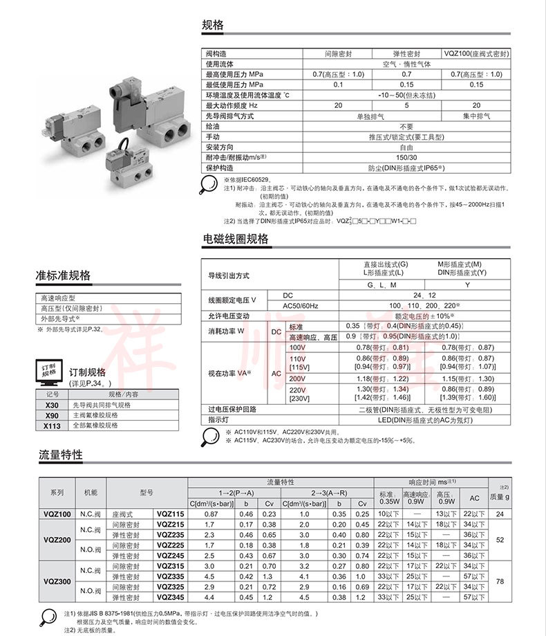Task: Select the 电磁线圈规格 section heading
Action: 235,239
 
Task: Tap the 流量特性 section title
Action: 60,455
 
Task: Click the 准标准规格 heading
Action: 63,275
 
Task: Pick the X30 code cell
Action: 52,405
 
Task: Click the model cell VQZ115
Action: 170,514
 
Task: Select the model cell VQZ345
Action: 170,597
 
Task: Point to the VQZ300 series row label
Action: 57,581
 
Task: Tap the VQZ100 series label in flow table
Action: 57,514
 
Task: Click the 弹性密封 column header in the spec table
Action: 406,53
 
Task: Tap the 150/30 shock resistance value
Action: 406,158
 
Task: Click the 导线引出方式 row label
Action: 229,275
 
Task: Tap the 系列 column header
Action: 57,492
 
